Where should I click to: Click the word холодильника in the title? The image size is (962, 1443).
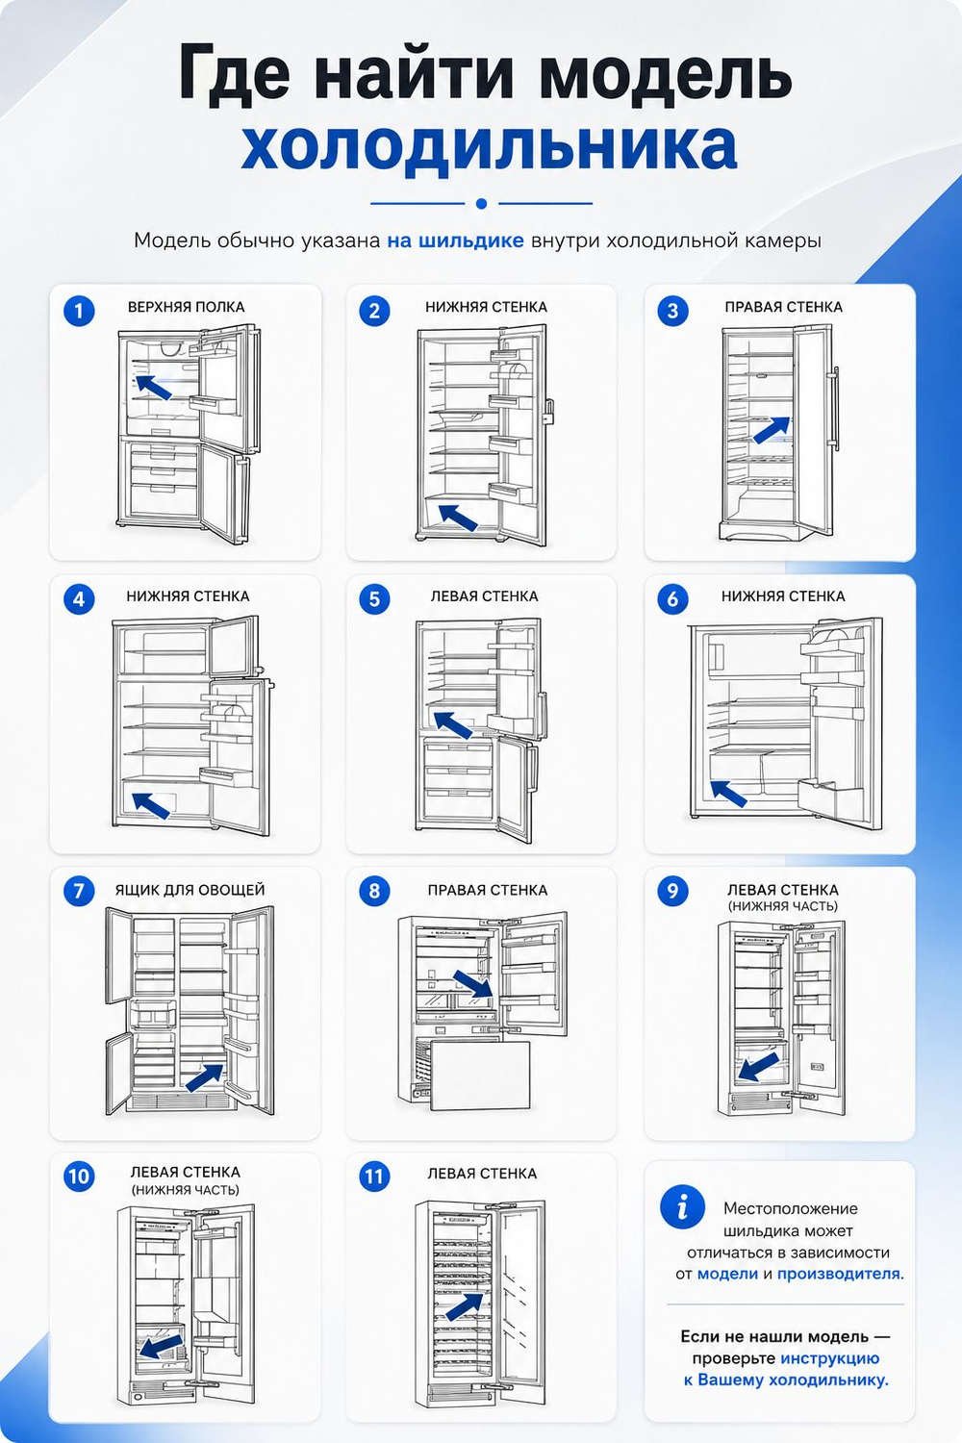tap(489, 146)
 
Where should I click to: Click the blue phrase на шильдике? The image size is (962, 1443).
tap(455, 240)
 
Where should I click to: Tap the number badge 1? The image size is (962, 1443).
tap(79, 311)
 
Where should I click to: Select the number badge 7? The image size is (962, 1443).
tap(79, 891)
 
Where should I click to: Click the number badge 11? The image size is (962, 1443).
tap(373, 1177)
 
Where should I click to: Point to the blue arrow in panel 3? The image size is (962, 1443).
tap(772, 430)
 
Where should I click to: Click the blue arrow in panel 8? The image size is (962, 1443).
tap(473, 984)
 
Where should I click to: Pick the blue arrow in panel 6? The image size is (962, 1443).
tap(728, 793)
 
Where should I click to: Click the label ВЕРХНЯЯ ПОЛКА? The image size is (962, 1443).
tap(187, 307)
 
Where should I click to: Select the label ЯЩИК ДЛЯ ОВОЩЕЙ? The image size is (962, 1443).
tap(190, 890)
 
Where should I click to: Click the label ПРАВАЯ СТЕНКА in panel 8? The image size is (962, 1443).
tap(487, 890)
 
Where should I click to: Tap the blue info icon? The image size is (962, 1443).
tap(682, 1206)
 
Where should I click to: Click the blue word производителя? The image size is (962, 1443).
tap(840, 1274)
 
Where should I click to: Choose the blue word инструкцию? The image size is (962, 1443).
tap(830, 1358)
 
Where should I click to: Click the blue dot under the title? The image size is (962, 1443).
tap(481, 204)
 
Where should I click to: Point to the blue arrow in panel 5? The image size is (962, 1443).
tap(453, 724)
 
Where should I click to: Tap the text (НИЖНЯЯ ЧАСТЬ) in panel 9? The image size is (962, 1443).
tap(783, 906)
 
